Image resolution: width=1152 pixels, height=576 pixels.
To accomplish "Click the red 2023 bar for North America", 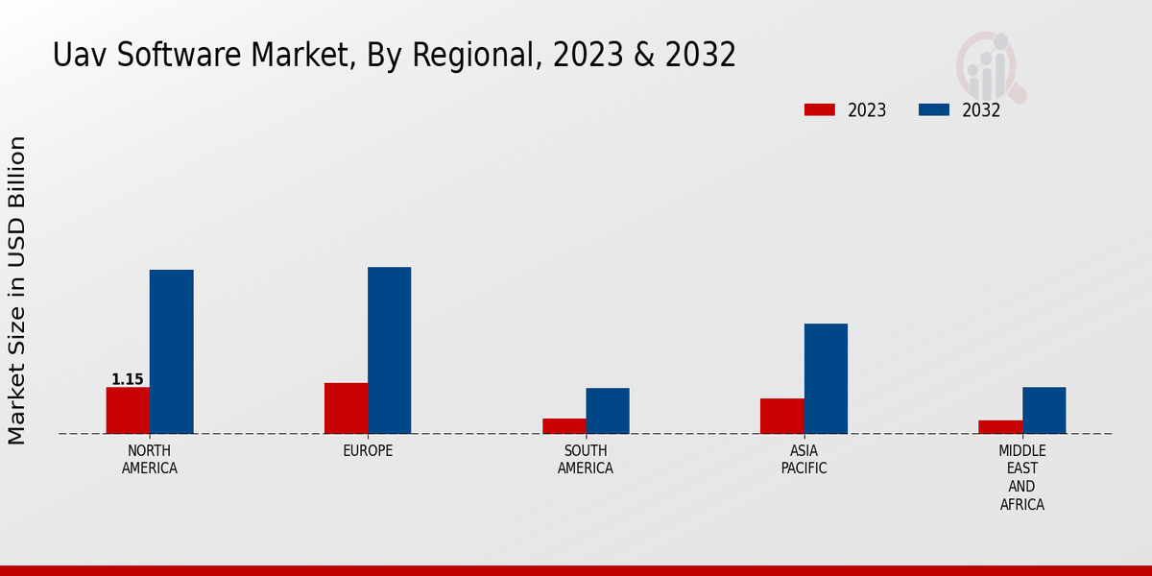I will [128, 410].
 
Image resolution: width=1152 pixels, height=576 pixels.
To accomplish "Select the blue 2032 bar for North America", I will [171, 351].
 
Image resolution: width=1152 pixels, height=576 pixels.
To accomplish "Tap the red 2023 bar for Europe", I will [346, 408].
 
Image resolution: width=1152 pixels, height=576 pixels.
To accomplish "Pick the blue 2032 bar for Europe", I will [389, 350].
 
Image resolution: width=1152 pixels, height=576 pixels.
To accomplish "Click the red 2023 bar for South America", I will [564, 425].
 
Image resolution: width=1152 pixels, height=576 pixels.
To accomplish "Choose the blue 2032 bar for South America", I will [608, 411].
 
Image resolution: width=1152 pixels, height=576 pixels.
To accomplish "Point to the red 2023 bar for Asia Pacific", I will [781, 416].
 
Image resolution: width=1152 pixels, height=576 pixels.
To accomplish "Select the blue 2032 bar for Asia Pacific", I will [826, 378].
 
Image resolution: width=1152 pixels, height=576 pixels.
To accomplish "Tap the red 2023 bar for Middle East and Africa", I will [1000, 426].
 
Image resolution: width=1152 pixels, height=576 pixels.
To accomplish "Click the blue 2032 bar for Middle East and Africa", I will [1044, 410].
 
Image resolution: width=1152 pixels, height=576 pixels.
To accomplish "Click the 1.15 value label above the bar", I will [128, 379].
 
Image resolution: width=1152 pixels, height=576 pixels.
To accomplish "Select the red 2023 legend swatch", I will [820, 109].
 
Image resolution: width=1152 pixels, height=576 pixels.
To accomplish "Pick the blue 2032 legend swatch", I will [933, 109].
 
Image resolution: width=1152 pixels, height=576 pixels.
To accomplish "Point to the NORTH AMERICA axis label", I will [150, 460].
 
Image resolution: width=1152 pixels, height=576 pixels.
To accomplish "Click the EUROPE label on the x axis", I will [368, 451].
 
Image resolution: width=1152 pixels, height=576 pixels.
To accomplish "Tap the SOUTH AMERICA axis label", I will [586, 460].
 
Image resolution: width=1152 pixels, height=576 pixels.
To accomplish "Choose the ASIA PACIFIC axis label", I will [804, 460].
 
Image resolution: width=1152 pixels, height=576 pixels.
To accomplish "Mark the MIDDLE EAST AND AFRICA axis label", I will [1022, 477].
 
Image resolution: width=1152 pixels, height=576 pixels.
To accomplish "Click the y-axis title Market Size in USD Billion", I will [17, 290].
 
